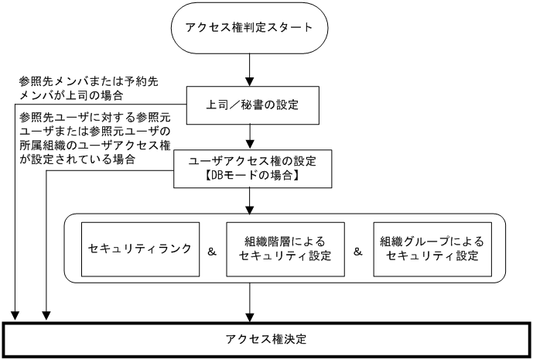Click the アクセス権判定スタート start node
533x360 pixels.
click(x=248, y=29)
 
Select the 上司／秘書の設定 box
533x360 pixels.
click(x=251, y=104)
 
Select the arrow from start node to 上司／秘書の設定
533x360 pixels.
click(x=248, y=70)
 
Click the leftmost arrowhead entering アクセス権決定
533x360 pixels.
click(x=15, y=315)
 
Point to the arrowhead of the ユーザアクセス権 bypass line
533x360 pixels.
click(x=46, y=315)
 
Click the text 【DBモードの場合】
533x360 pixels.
click(x=250, y=177)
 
